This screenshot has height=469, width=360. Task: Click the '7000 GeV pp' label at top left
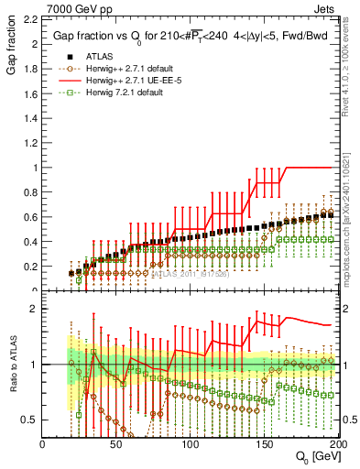[x=74, y=8]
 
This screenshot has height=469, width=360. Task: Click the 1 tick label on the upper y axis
[x=34, y=168]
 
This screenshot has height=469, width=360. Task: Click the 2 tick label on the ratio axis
[x=34, y=309]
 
